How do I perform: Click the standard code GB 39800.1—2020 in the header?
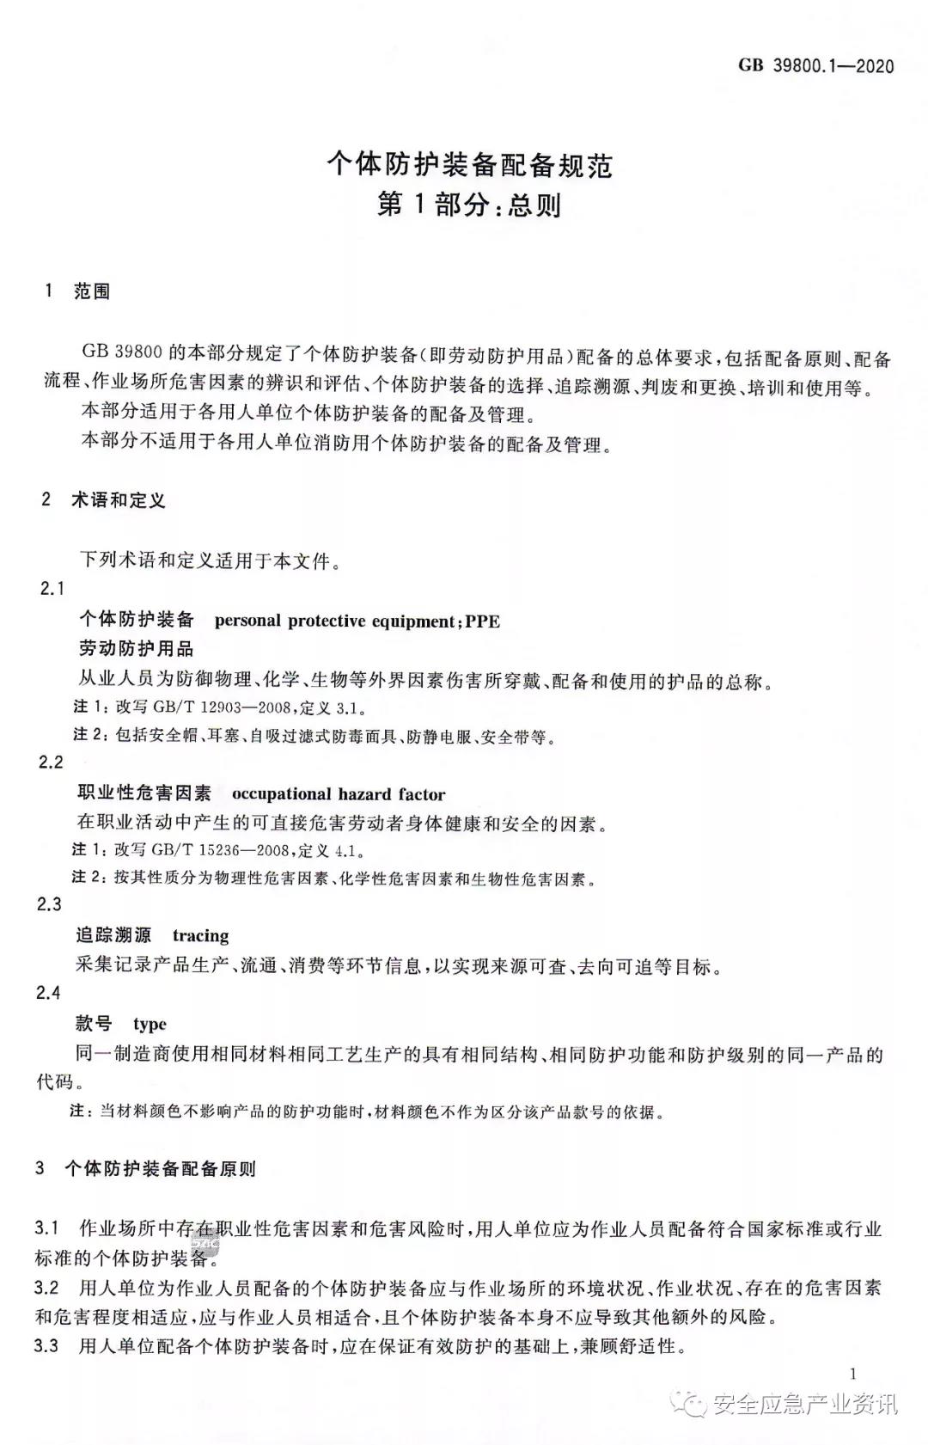(x=815, y=66)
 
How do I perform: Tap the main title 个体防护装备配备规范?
(x=469, y=164)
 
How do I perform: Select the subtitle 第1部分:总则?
(x=469, y=205)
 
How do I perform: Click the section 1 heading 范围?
(x=92, y=291)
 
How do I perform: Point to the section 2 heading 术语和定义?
(x=118, y=500)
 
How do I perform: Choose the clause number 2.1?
(x=52, y=589)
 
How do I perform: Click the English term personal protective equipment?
(x=333, y=621)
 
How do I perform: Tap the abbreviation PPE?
(x=482, y=621)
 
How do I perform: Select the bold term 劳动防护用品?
(x=137, y=649)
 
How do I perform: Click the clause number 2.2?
(x=52, y=762)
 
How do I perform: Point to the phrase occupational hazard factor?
(x=339, y=794)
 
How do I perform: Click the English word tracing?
(x=200, y=935)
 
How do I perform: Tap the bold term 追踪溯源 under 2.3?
(x=113, y=935)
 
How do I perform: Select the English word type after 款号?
(x=150, y=1024)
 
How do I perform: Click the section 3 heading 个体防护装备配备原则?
(x=160, y=1169)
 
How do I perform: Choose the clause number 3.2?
(x=47, y=1288)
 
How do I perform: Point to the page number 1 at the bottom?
(x=852, y=1374)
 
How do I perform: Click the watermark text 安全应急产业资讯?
(x=805, y=1405)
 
